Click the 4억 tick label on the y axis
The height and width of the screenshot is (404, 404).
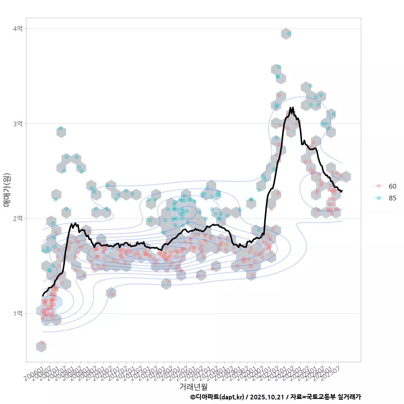18,29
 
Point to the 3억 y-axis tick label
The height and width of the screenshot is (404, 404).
18,124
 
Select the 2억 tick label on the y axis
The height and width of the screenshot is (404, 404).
18,218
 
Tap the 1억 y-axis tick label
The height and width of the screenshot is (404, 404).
18,314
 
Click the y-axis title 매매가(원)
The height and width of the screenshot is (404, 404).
7,189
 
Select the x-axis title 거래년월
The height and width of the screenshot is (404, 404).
193,386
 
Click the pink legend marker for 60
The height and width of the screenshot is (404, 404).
379,186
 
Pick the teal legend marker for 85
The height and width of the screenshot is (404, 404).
379,198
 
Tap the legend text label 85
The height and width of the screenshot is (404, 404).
393,198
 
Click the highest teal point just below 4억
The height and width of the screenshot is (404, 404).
289,33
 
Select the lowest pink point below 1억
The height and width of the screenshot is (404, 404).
42,343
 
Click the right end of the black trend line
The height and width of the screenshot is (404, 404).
342,191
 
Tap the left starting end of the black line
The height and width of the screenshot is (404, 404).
43,295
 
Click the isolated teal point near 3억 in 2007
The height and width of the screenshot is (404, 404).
61,128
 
